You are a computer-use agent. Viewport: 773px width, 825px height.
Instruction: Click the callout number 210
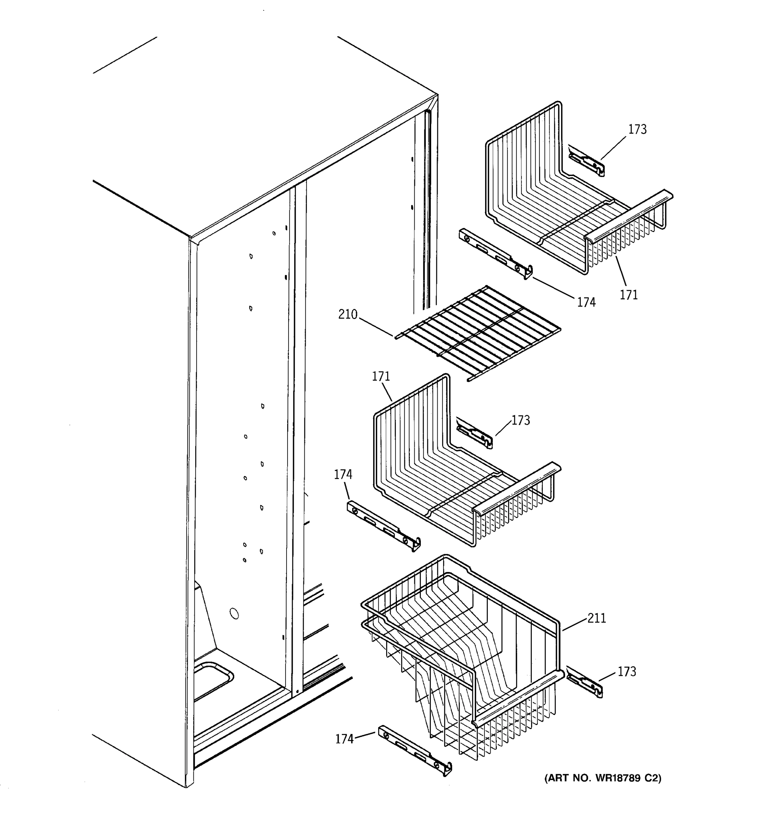(x=348, y=315)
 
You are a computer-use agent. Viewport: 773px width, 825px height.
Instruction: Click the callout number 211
(x=597, y=619)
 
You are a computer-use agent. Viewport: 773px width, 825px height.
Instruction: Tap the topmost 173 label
(x=637, y=130)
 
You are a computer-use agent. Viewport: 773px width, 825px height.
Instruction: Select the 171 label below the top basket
(x=629, y=295)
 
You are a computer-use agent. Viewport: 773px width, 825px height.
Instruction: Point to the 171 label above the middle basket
(x=381, y=377)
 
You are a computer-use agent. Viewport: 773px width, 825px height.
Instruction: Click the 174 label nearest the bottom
(x=344, y=739)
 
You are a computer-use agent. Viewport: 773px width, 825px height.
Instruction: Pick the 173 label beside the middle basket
(x=520, y=421)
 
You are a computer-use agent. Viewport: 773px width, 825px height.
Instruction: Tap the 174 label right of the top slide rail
(x=586, y=302)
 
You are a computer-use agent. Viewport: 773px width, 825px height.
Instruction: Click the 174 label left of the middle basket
(x=343, y=474)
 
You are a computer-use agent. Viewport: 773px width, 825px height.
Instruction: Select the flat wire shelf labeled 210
(x=477, y=332)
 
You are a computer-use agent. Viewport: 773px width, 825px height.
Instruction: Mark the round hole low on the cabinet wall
(x=234, y=613)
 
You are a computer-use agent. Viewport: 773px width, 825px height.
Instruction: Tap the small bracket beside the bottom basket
(x=584, y=683)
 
